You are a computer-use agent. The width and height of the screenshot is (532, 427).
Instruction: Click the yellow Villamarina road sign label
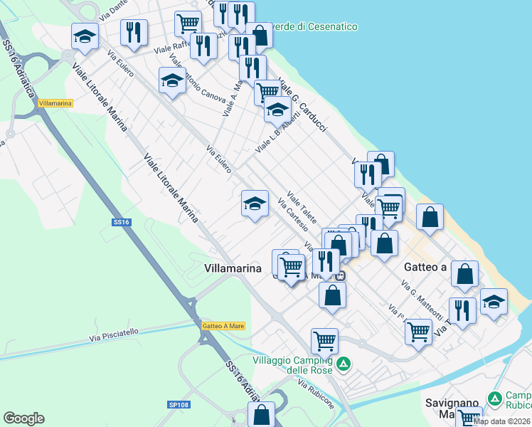[x=55, y=103]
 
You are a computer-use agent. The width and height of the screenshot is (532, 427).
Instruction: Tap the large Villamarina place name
[x=233, y=268]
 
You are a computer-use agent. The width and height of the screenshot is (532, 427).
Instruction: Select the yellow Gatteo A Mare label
[x=223, y=325]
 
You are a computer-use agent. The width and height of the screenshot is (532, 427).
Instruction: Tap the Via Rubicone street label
[x=317, y=395]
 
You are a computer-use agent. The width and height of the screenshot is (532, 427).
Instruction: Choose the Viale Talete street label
[x=302, y=206]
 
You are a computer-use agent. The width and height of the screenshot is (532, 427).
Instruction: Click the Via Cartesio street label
[x=293, y=215]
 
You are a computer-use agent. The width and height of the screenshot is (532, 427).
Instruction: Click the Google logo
[x=23, y=418]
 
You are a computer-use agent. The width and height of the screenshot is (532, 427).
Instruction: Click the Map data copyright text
[x=502, y=421]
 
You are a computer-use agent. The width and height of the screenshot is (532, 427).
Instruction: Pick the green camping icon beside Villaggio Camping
[x=344, y=364]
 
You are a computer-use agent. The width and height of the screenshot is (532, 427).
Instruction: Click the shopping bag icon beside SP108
[x=262, y=414]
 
